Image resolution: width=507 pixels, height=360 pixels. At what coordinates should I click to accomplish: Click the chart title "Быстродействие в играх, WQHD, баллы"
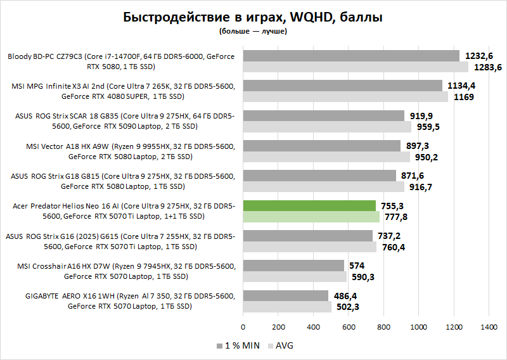click(x=253, y=17)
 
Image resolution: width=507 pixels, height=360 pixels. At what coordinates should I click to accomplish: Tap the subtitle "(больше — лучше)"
click(x=253, y=31)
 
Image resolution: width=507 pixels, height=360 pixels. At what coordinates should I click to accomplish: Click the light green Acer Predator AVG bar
click(x=311, y=217)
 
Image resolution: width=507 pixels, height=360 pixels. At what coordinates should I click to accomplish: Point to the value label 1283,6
click(x=487, y=67)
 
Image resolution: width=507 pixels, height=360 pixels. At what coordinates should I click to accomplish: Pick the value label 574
click(x=357, y=265)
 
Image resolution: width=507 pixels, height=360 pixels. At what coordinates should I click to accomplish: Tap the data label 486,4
click(x=345, y=295)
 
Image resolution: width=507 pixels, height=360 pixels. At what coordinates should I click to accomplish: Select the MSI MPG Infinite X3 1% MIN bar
click(x=342, y=86)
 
